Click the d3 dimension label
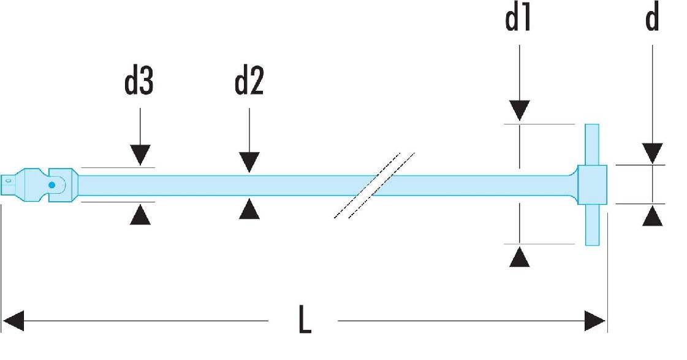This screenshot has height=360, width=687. coord(139,82)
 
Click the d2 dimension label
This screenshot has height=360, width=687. coord(249,82)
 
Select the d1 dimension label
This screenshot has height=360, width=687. coord(518,18)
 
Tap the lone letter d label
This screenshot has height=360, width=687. coord(653,18)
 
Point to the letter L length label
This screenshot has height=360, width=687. coord(305,319)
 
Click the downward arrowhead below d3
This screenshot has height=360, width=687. coord(140,155)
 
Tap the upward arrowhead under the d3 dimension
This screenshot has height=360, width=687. coord(140,215)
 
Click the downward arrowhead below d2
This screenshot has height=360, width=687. coord(249,163)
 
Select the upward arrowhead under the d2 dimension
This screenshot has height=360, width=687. coord(249,209)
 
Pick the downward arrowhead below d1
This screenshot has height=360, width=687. coord(520,110)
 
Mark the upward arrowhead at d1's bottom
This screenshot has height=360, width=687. coord(520,256)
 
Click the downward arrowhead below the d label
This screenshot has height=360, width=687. coord(653,153)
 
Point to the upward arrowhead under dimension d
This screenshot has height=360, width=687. coord(653,216)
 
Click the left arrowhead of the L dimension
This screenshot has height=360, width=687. coord(13,321)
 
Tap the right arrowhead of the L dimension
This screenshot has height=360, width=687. coord(595,321)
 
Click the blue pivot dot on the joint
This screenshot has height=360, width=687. coord(51,185)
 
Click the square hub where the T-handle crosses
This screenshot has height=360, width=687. coord(592,185)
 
